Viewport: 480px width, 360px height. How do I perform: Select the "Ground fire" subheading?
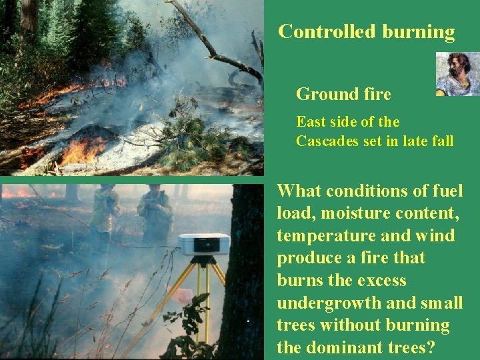click(343, 95)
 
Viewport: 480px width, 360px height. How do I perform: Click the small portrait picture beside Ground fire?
click(457, 74)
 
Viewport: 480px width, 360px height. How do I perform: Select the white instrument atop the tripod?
click(204, 245)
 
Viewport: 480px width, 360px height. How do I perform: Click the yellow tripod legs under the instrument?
click(199, 293)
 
